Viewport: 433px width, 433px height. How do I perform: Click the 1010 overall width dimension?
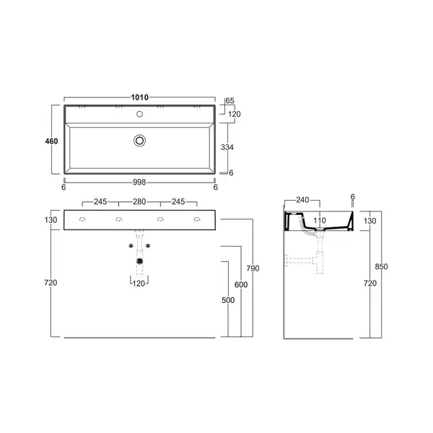pyautogui.click(x=139, y=97)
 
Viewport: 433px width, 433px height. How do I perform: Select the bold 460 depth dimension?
pyautogui.click(x=51, y=141)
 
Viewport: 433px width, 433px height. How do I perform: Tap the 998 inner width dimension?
pyautogui.click(x=139, y=183)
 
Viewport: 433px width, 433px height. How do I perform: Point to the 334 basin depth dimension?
pyautogui.click(x=227, y=147)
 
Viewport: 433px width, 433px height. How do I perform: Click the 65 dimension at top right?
pyautogui.click(x=229, y=101)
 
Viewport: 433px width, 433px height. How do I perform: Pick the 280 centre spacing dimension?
pyautogui.click(x=139, y=201)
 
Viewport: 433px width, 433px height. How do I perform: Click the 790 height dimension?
pyautogui.click(x=253, y=268)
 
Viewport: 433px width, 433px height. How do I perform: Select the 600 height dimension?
pyautogui.click(x=241, y=285)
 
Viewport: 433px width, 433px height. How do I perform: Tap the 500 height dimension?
pyautogui.click(x=228, y=300)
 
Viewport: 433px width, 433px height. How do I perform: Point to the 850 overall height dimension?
pyautogui.click(x=381, y=267)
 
